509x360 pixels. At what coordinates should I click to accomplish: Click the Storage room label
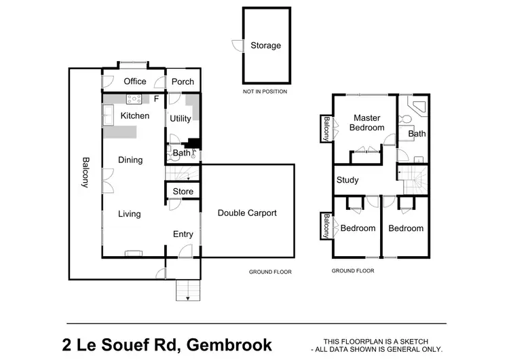coord(265,46)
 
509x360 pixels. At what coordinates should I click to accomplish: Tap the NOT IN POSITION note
coord(265,91)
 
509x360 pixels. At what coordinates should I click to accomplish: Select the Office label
coord(134,82)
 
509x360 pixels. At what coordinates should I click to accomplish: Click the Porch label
coord(183,82)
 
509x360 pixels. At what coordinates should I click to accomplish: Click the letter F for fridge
coord(156,99)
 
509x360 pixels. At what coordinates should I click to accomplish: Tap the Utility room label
coord(181,118)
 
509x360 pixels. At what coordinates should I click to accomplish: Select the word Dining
coord(130,160)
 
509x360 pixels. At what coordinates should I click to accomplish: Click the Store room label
coord(183,192)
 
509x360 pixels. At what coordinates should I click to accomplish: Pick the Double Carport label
coord(247,213)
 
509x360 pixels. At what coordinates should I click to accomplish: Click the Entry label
coord(183,234)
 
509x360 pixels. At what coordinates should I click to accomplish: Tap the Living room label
coord(129,214)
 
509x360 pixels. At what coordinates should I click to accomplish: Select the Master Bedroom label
coord(366,123)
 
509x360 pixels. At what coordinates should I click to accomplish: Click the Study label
coord(347,180)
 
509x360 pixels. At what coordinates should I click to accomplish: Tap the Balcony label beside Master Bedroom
coord(326,128)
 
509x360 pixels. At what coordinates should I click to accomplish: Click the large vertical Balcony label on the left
coord(86,173)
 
